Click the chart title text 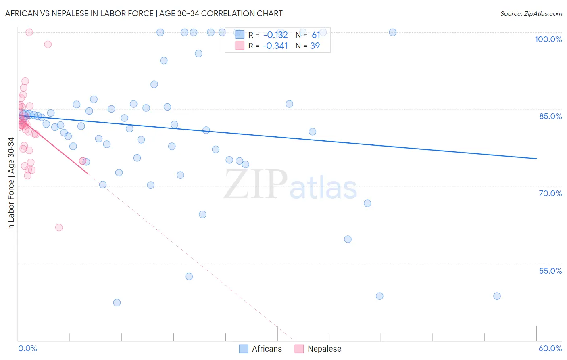[144, 13]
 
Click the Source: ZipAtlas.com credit [531, 13]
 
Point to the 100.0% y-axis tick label [548, 39]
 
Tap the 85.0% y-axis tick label [550, 116]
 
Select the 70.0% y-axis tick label [550, 193]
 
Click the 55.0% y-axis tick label [550, 271]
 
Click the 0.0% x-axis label [27, 348]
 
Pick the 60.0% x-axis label [550, 348]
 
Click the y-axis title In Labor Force [11, 184]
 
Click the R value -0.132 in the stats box [275, 35]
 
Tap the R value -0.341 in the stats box [275, 46]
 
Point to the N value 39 [315, 46]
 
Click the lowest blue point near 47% [117, 303]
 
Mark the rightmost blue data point [497, 296]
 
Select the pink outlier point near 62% [59, 228]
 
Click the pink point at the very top [29, 32]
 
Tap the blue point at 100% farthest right [392, 32]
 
